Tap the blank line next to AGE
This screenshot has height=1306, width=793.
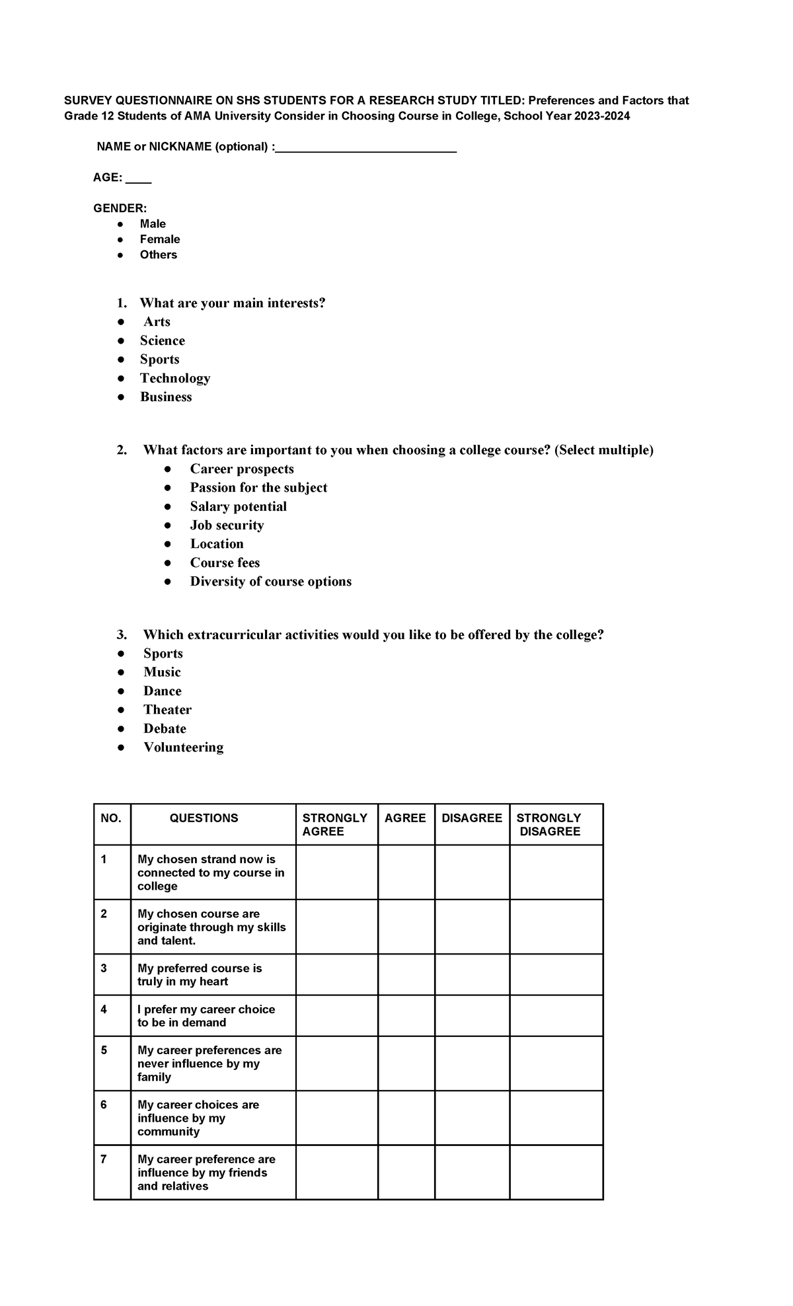click(x=138, y=179)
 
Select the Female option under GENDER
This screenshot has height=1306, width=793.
click(x=160, y=239)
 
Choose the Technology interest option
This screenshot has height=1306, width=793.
click(x=175, y=378)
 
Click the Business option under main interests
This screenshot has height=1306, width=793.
click(x=166, y=397)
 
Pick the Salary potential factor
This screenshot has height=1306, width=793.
click(x=238, y=506)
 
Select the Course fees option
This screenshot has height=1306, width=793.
click(x=225, y=562)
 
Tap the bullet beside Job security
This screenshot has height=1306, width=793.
click(x=168, y=525)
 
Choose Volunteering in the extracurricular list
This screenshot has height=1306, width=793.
click(x=183, y=747)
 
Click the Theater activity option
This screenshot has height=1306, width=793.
click(x=167, y=709)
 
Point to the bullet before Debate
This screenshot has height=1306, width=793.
click(x=121, y=728)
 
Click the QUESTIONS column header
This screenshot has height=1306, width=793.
click(x=204, y=818)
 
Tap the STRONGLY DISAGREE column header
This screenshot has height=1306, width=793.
click(x=549, y=824)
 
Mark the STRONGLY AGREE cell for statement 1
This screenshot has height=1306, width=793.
click(x=336, y=872)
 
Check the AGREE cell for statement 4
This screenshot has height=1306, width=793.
click(x=406, y=1015)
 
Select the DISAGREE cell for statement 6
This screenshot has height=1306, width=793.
click(x=472, y=1118)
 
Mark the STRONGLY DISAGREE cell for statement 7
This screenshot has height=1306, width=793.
click(x=556, y=1172)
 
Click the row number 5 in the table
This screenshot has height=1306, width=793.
click(x=104, y=1050)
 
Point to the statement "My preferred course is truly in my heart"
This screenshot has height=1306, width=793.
click(x=200, y=975)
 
